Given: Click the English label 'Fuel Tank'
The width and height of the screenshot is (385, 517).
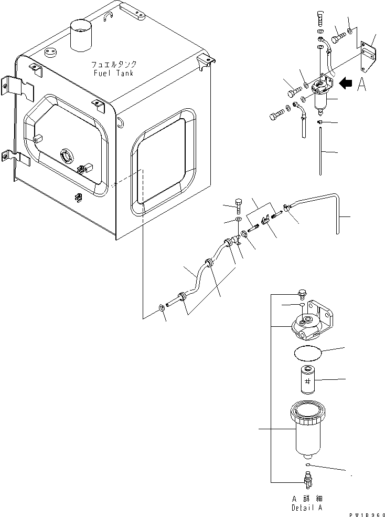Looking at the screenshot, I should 113,73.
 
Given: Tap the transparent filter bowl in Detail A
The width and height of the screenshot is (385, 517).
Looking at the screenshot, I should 306,428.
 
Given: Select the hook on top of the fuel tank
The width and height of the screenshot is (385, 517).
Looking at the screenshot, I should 109,18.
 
